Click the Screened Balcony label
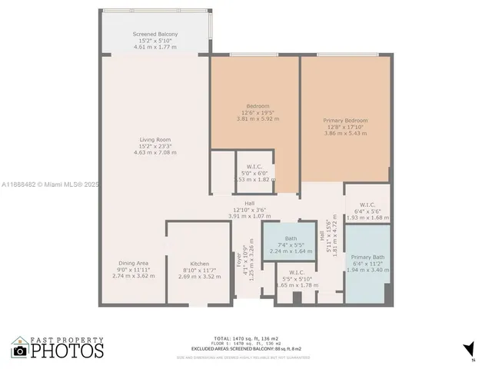click(155, 35)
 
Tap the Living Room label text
click(155, 139)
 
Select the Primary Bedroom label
click(345, 121)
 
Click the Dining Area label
click(133, 263)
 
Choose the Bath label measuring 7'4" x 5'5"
click(291, 238)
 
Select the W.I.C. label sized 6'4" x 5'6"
click(367, 204)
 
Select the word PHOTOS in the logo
click(68, 351)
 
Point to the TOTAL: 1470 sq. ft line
click(246, 337)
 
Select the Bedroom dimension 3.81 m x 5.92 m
click(258, 120)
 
